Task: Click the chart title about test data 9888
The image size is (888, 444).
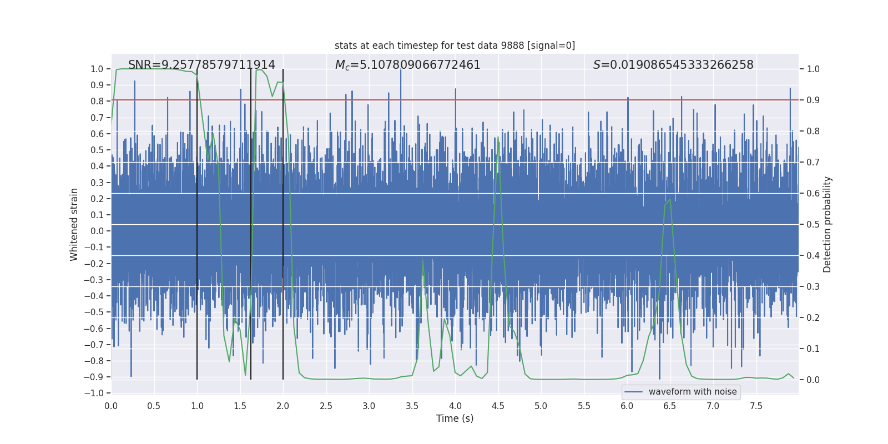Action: [455, 46]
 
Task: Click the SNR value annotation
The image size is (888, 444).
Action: [201, 65]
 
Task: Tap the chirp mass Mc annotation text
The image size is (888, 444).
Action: [407, 65]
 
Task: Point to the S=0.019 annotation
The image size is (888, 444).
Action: [673, 65]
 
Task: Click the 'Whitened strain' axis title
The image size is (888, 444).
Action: [74, 224]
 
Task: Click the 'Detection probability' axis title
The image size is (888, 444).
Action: [827, 224]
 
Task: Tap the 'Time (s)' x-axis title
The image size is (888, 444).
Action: [455, 418]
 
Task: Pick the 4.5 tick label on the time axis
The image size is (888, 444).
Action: [498, 406]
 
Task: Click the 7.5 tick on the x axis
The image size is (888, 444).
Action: [756, 406]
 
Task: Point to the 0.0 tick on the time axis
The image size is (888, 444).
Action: [111, 406]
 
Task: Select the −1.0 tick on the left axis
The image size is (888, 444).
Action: [95, 393]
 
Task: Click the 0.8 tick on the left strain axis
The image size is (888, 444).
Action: [97, 101]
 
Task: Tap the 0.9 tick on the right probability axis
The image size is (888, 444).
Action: [813, 100]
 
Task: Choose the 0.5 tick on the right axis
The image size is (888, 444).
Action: [813, 224]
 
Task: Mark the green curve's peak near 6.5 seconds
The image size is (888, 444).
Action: [670, 199]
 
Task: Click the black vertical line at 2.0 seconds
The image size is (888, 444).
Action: [283, 222]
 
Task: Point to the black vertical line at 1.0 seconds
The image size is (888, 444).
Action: [197, 222]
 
